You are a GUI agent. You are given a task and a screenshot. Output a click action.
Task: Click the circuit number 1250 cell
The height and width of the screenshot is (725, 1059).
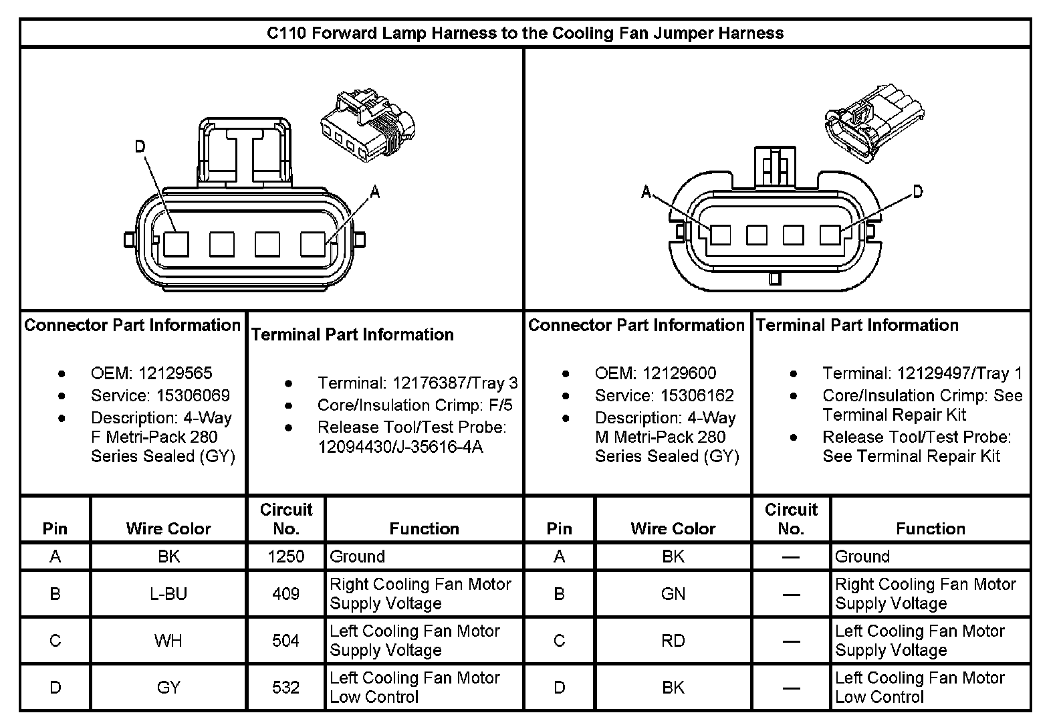[x=286, y=556]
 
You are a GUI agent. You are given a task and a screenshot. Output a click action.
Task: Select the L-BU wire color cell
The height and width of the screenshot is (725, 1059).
[x=168, y=594]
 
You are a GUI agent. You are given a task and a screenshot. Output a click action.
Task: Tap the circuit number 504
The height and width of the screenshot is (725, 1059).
[x=286, y=641]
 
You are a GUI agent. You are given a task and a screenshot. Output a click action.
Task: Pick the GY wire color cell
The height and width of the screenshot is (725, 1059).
[x=168, y=688]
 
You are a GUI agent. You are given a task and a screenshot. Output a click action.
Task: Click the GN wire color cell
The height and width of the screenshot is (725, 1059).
[x=673, y=594]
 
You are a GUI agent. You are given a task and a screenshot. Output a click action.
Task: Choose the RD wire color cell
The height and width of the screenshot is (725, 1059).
[x=673, y=641]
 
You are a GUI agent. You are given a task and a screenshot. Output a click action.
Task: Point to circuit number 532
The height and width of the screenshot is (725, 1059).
[x=286, y=688]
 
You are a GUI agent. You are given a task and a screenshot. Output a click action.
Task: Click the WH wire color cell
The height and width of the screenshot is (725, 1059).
[x=168, y=641]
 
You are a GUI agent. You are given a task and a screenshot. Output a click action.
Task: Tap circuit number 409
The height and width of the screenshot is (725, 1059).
[x=286, y=594]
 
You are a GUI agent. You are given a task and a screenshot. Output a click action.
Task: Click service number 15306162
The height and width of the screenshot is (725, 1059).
[x=697, y=395]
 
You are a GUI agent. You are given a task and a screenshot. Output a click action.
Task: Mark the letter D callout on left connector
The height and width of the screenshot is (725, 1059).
[x=140, y=146]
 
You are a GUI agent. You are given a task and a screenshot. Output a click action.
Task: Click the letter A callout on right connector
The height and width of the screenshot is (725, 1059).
[x=646, y=192]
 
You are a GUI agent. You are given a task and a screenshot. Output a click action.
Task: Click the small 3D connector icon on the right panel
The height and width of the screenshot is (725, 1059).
[x=874, y=122]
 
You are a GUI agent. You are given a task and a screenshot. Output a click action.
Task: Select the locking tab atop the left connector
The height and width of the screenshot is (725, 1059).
[x=245, y=150]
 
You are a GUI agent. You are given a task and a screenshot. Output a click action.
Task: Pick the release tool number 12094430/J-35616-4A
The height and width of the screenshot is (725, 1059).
[x=400, y=447]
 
